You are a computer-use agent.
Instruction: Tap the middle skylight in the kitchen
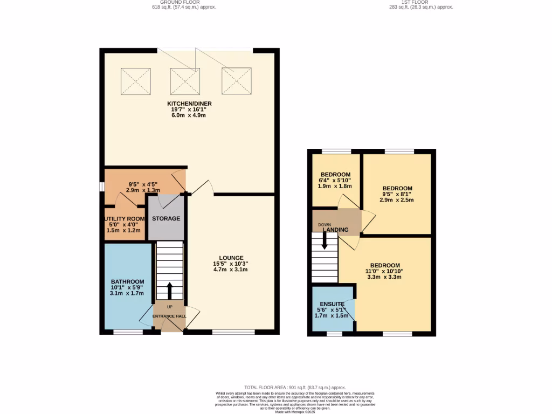185,81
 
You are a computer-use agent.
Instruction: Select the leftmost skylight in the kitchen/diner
135,81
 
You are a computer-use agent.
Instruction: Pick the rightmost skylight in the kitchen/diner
236,81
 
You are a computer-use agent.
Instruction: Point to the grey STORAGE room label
166,218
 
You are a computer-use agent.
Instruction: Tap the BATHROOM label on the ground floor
128,281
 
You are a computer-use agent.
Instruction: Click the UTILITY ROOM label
125,218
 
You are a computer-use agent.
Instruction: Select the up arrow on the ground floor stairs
170,290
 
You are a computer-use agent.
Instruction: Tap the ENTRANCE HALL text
169,316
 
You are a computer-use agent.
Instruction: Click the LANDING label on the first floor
335,230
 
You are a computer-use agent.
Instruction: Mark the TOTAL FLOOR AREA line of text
295,388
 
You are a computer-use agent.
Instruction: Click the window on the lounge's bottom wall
233,332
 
